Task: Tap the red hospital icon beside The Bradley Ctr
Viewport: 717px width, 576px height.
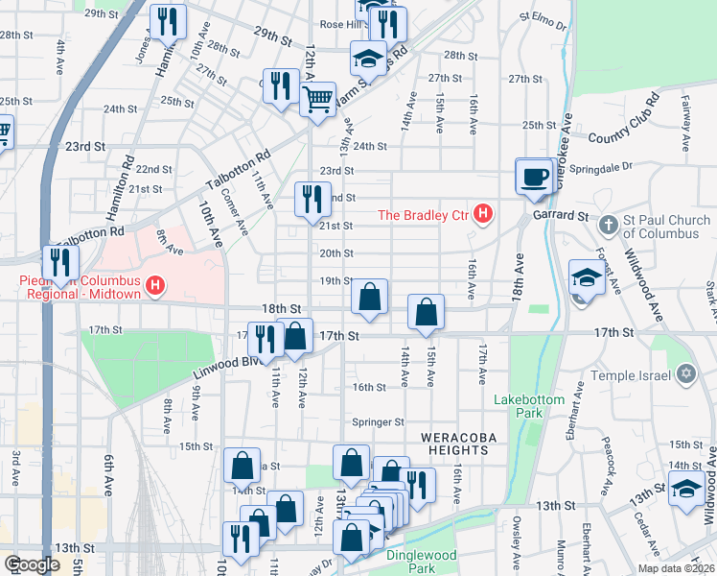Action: point(484,214)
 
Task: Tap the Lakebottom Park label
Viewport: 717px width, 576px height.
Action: point(525,405)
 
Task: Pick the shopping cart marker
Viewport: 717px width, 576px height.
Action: point(317,99)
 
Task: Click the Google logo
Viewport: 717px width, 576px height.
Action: point(31,564)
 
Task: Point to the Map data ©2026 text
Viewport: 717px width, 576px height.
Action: point(677,568)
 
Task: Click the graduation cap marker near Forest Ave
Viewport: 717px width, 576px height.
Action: point(586,278)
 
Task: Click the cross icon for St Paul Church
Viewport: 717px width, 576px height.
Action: point(606,227)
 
